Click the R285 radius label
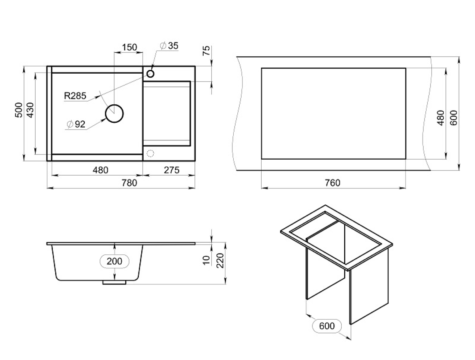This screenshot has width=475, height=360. [x=75, y=96]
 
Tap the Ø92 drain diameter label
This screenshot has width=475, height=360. [x=76, y=124]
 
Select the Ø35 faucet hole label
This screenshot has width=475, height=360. [x=169, y=46]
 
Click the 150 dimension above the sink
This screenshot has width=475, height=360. [x=129, y=47]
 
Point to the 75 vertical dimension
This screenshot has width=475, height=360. [x=206, y=50]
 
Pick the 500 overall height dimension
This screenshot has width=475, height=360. [x=19, y=110]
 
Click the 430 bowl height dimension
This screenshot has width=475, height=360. [x=30, y=110]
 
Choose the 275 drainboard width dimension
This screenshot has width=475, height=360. [x=172, y=170]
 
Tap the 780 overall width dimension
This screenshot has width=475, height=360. [x=129, y=183]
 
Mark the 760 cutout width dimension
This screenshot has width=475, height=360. [x=333, y=183]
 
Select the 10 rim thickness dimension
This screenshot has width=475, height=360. [x=206, y=260]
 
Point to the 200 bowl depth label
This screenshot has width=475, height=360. [x=114, y=261]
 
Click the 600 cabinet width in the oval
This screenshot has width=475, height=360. [x=327, y=326]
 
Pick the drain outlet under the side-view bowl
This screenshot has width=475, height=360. [x=114, y=282]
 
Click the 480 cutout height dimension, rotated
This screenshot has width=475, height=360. [x=441, y=118]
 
